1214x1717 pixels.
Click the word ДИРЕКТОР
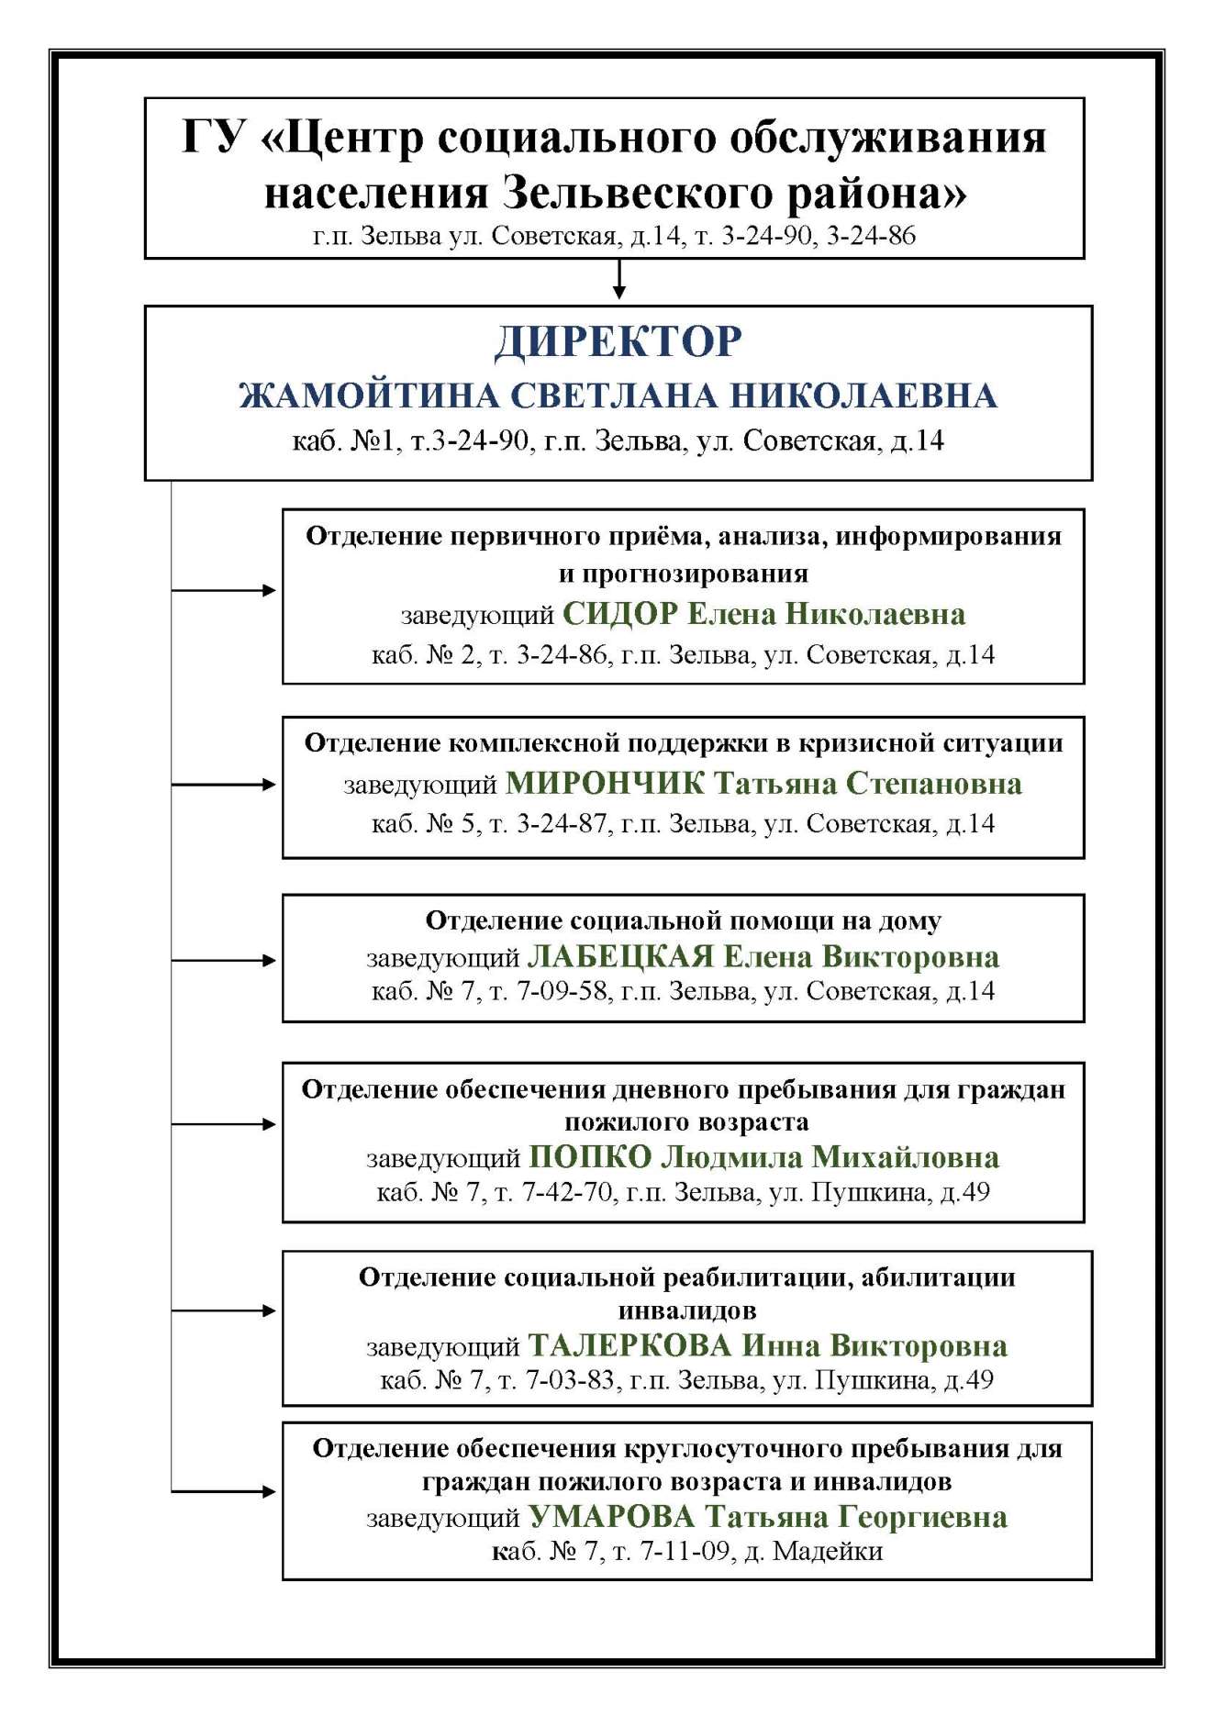click(618, 342)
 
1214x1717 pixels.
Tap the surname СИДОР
click(620, 613)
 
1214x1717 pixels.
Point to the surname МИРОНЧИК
click(605, 783)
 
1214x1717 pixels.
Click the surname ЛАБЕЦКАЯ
click(620, 956)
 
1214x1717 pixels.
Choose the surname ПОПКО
click(590, 1156)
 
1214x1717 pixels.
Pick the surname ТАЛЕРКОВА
click(629, 1345)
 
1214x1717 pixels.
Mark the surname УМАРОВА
click(612, 1517)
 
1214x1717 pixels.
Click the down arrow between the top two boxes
click(619, 280)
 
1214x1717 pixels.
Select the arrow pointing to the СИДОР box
click(225, 590)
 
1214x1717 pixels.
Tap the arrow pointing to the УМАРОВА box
click(225, 1491)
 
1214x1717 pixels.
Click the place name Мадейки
click(828, 1552)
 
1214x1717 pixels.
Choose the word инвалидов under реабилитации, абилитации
click(686, 1310)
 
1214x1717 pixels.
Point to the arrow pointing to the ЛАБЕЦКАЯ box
click(225, 960)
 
